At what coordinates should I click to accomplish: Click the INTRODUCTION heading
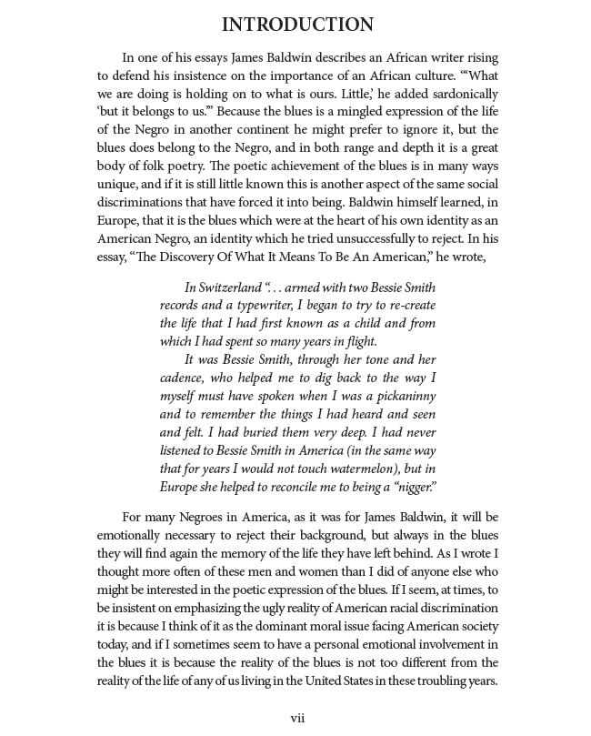point(297,24)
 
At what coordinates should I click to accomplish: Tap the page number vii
point(297,718)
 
